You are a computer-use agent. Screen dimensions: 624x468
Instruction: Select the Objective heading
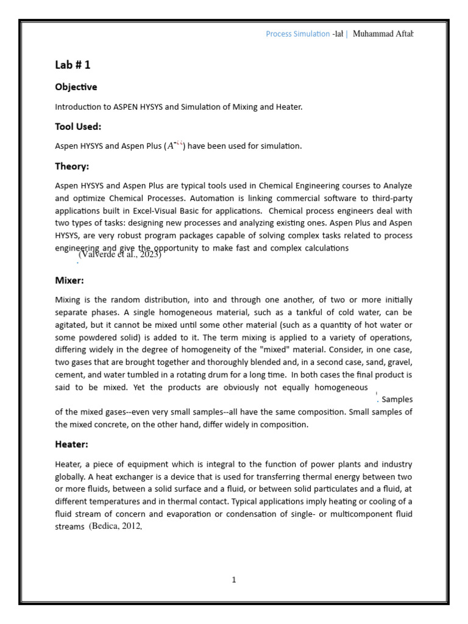(x=76, y=87)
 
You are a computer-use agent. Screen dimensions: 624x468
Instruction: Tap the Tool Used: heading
(x=78, y=127)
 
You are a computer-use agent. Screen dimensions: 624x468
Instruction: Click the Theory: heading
(x=72, y=166)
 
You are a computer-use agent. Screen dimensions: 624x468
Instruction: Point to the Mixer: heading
(x=69, y=280)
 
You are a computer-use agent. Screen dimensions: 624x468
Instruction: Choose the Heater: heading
(x=71, y=444)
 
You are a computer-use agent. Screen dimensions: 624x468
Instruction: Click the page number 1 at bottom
(x=233, y=580)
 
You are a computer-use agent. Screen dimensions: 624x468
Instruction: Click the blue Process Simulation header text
(x=297, y=34)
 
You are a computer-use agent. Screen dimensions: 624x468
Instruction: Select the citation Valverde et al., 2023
(x=119, y=255)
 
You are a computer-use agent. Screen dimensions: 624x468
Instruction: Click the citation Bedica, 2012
(x=115, y=526)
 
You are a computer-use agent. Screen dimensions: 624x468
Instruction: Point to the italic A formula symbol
(x=171, y=146)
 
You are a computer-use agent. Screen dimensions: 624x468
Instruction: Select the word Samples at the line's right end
(x=397, y=400)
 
